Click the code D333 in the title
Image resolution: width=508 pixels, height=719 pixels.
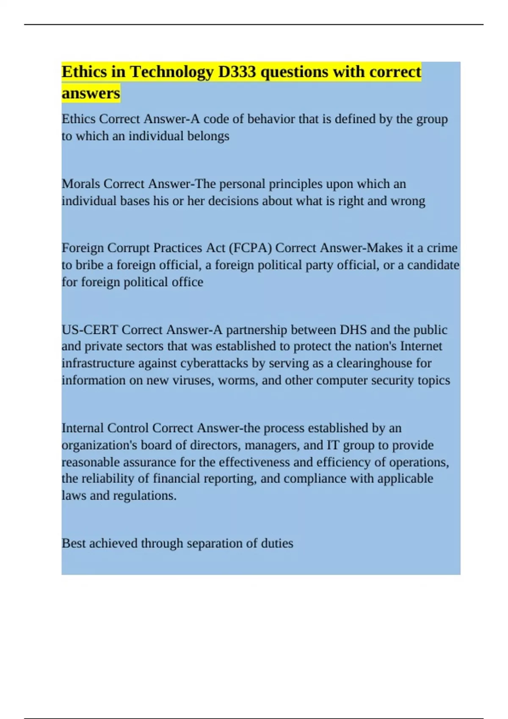pyautogui.click(x=237, y=72)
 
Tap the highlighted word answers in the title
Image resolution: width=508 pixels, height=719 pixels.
pyautogui.click(x=91, y=93)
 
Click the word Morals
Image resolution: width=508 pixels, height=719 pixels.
pyautogui.click(x=81, y=184)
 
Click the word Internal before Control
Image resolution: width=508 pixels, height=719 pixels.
pyautogui.click(x=83, y=428)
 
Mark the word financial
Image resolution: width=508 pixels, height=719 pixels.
pyautogui.click(x=177, y=479)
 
